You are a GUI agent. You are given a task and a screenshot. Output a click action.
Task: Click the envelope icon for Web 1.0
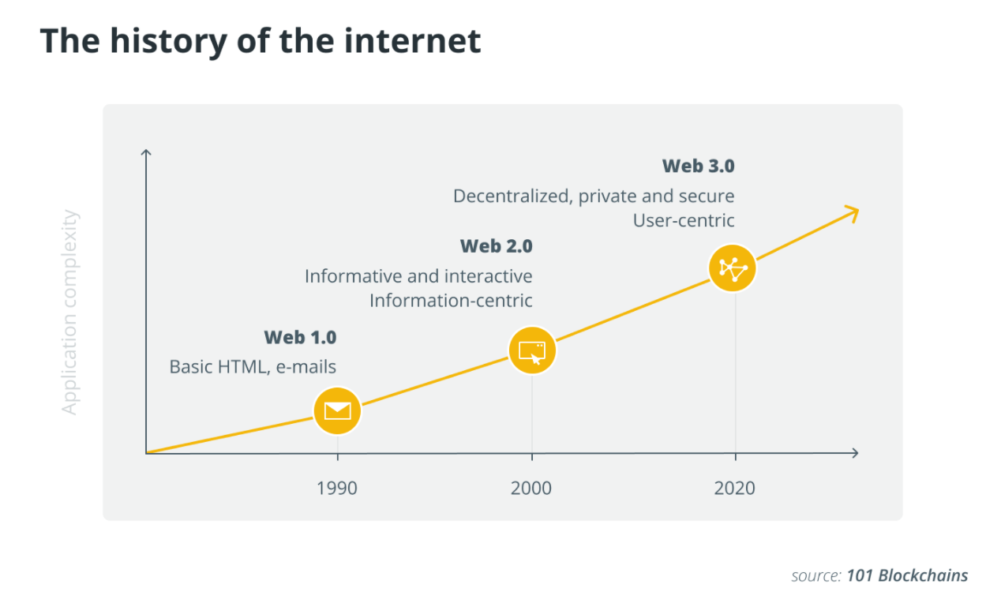(337, 410)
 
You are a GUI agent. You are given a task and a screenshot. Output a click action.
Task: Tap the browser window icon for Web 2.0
(532, 350)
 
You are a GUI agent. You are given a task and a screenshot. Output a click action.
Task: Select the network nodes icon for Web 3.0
(733, 268)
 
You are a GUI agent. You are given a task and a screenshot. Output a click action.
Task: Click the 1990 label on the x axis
(337, 488)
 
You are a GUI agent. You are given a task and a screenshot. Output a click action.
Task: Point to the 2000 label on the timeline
(531, 488)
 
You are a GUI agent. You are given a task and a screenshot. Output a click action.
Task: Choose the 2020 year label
(734, 488)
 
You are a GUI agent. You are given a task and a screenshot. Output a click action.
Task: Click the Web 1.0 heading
(300, 338)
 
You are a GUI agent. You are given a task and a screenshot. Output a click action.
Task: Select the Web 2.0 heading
(496, 246)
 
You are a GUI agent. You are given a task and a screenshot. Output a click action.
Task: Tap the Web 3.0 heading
(698, 166)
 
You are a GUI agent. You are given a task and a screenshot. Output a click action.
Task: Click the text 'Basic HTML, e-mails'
(253, 367)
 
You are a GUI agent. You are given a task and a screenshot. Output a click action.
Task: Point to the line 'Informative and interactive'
(418, 276)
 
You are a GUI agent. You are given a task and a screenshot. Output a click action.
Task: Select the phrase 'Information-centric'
(451, 301)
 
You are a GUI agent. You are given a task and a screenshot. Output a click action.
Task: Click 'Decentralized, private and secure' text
(594, 196)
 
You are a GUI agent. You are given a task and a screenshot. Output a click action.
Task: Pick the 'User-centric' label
(684, 220)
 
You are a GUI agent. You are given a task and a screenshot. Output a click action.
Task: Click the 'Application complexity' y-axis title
(71, 312)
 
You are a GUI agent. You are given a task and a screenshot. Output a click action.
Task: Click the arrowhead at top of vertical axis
(146, 152)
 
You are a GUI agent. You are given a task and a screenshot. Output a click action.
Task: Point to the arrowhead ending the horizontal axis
(854, 453)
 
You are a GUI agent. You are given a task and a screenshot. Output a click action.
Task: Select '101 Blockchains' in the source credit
(907, 575)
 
